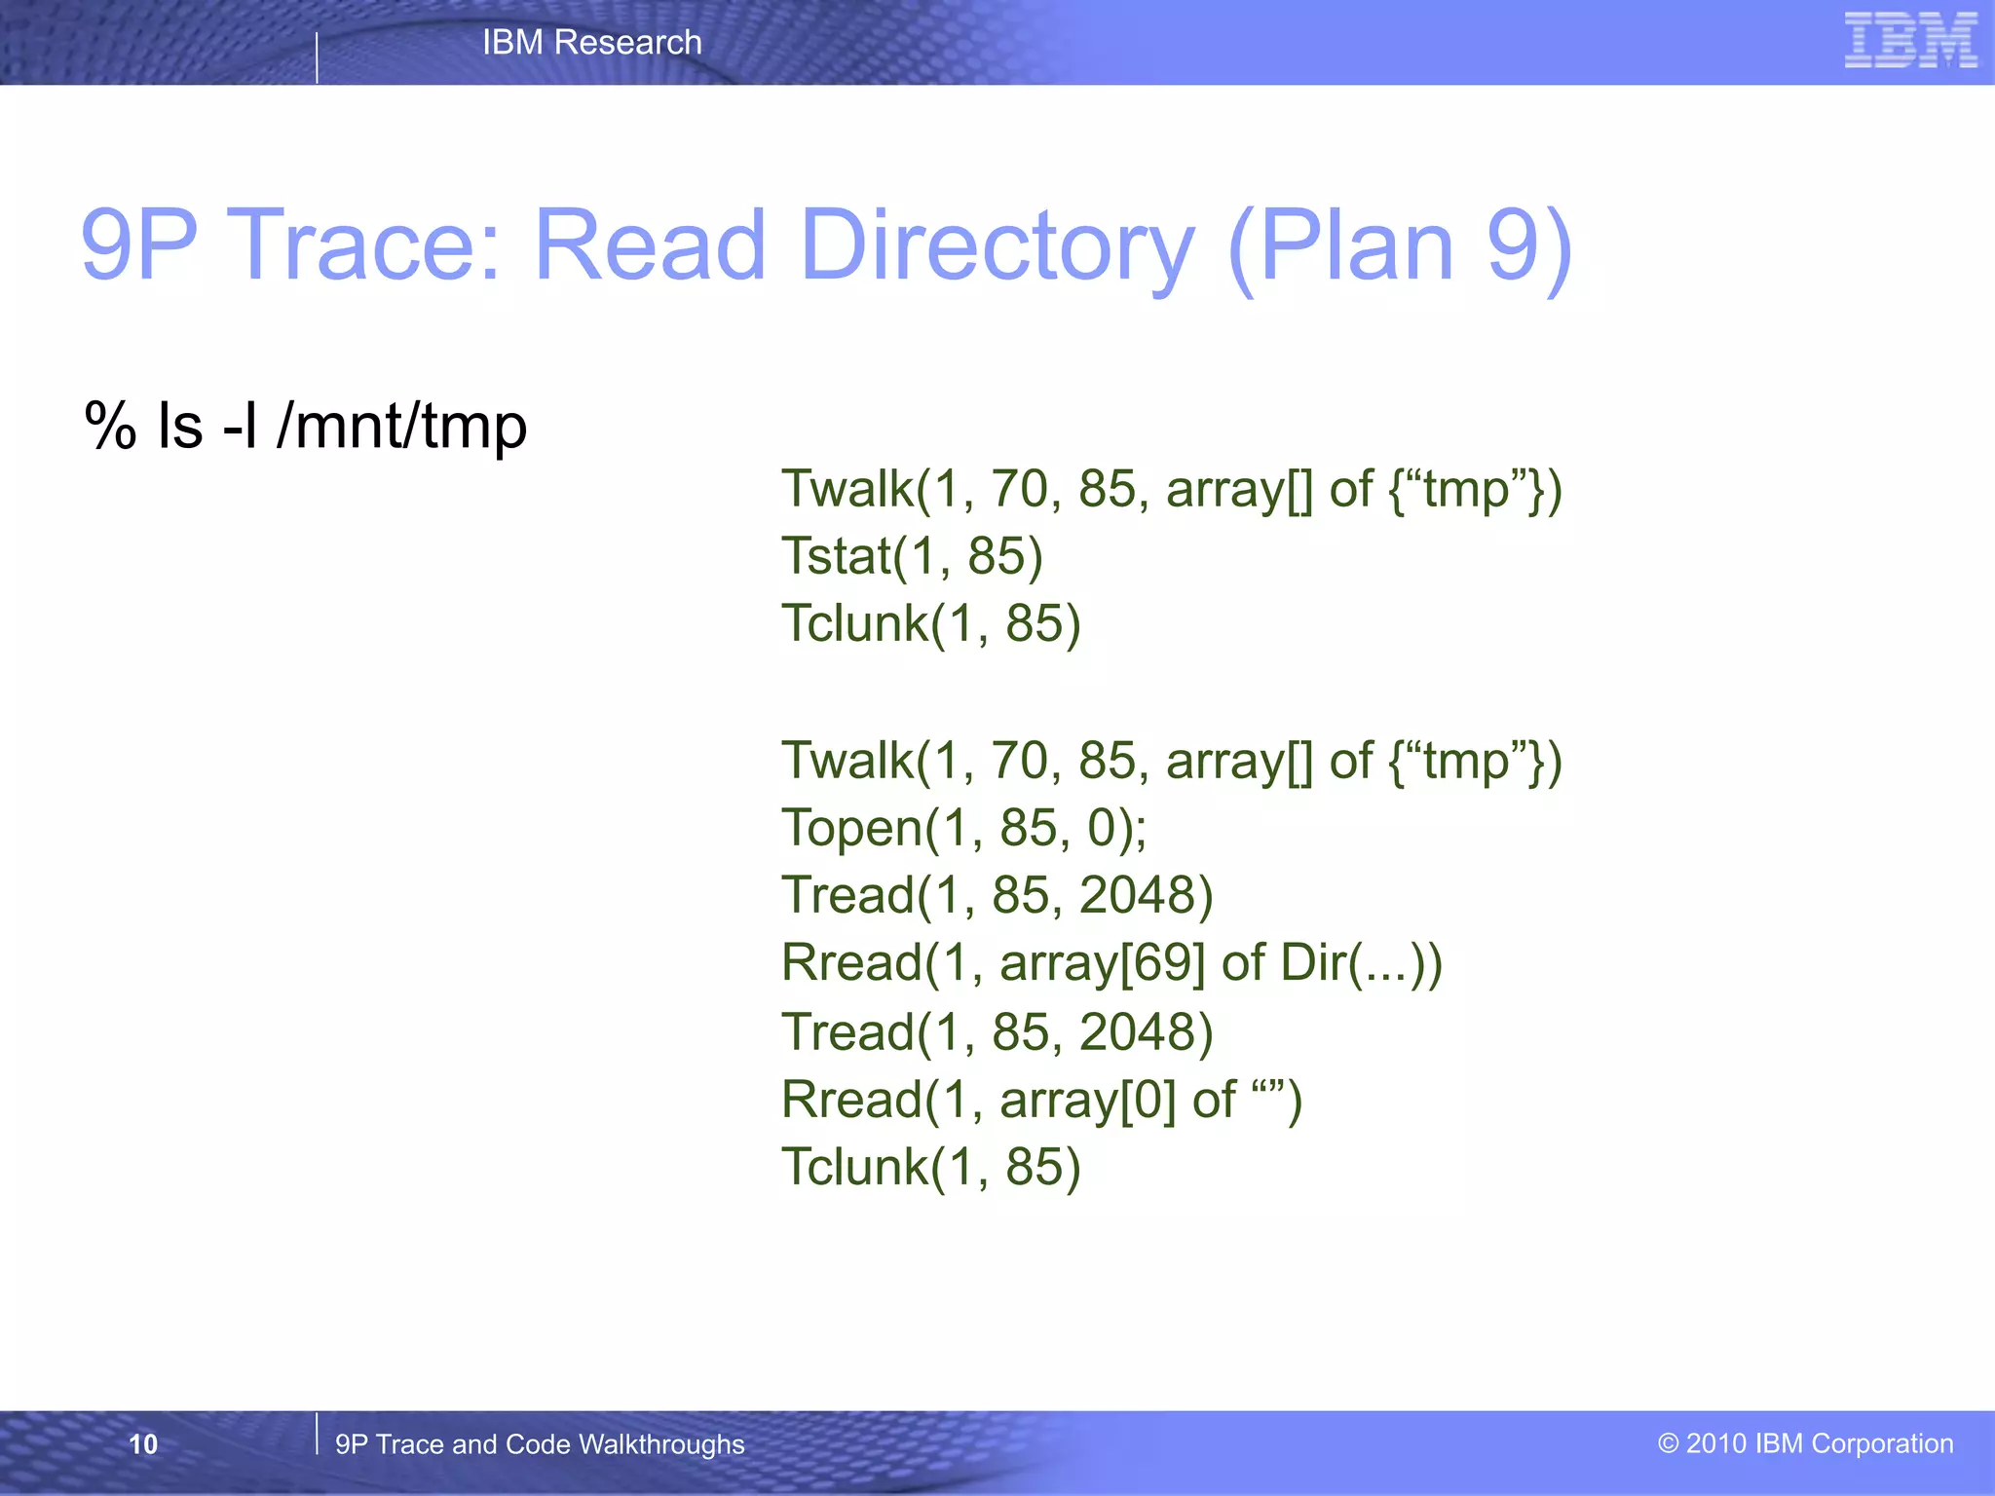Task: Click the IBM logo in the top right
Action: pos(1910,40)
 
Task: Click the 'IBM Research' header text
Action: pos(591,42)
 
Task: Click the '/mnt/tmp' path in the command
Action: pos(401,426)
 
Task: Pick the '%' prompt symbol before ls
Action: pos(109,426)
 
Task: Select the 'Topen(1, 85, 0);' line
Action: pos(964,828)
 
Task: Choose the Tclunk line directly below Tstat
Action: pos(931,623)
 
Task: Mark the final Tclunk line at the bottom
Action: pos(931,1167)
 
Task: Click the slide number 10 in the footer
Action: pos(143,1444)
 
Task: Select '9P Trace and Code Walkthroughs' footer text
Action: pos(540,1444)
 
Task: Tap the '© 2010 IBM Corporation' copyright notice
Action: pos(1805,1443)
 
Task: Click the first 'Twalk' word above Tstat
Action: pos(847,489)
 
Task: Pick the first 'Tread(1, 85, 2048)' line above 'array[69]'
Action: pos(997,895)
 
